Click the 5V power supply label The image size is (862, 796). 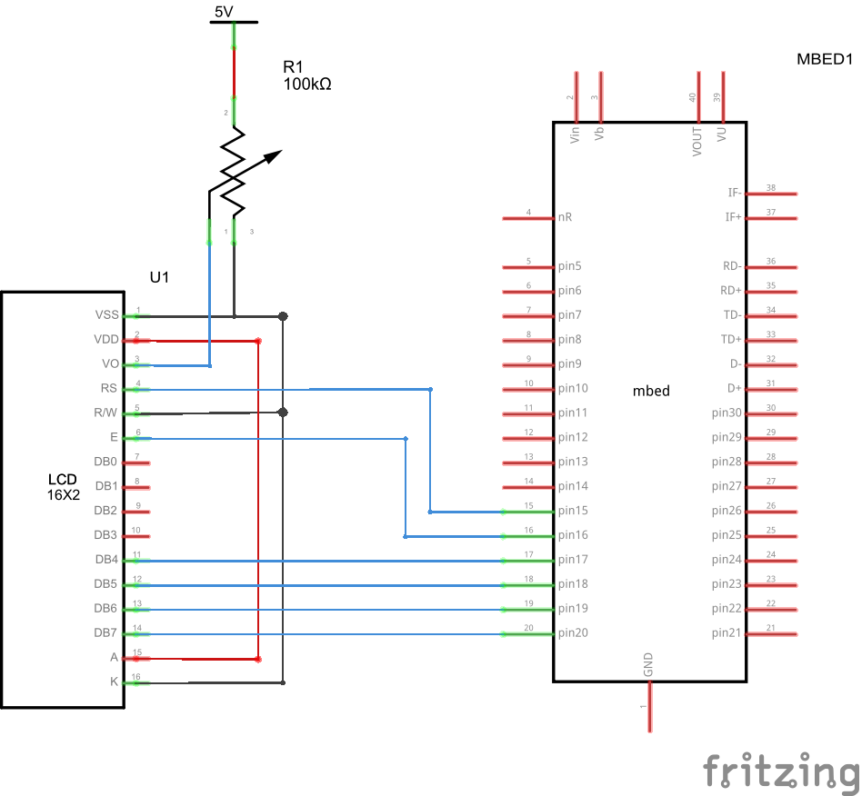pos(224,12)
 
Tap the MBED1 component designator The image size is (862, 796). pos(824,60)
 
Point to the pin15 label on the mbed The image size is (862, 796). pos(573,511)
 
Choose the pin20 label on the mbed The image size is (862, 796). pos(573,633)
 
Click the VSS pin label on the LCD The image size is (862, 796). pos(106,315)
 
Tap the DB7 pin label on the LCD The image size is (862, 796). pos(105,633)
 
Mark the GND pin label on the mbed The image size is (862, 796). pos(648,665)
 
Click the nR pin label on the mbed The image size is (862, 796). pos(566,217)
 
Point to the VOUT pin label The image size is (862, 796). pos(697,142)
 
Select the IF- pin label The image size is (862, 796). pos(734,193)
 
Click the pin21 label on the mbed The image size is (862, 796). pos(727,633)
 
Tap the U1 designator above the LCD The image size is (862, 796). pos(159,277)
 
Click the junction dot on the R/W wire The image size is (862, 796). pos(283,413)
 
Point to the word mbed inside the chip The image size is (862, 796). pos(650,391)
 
